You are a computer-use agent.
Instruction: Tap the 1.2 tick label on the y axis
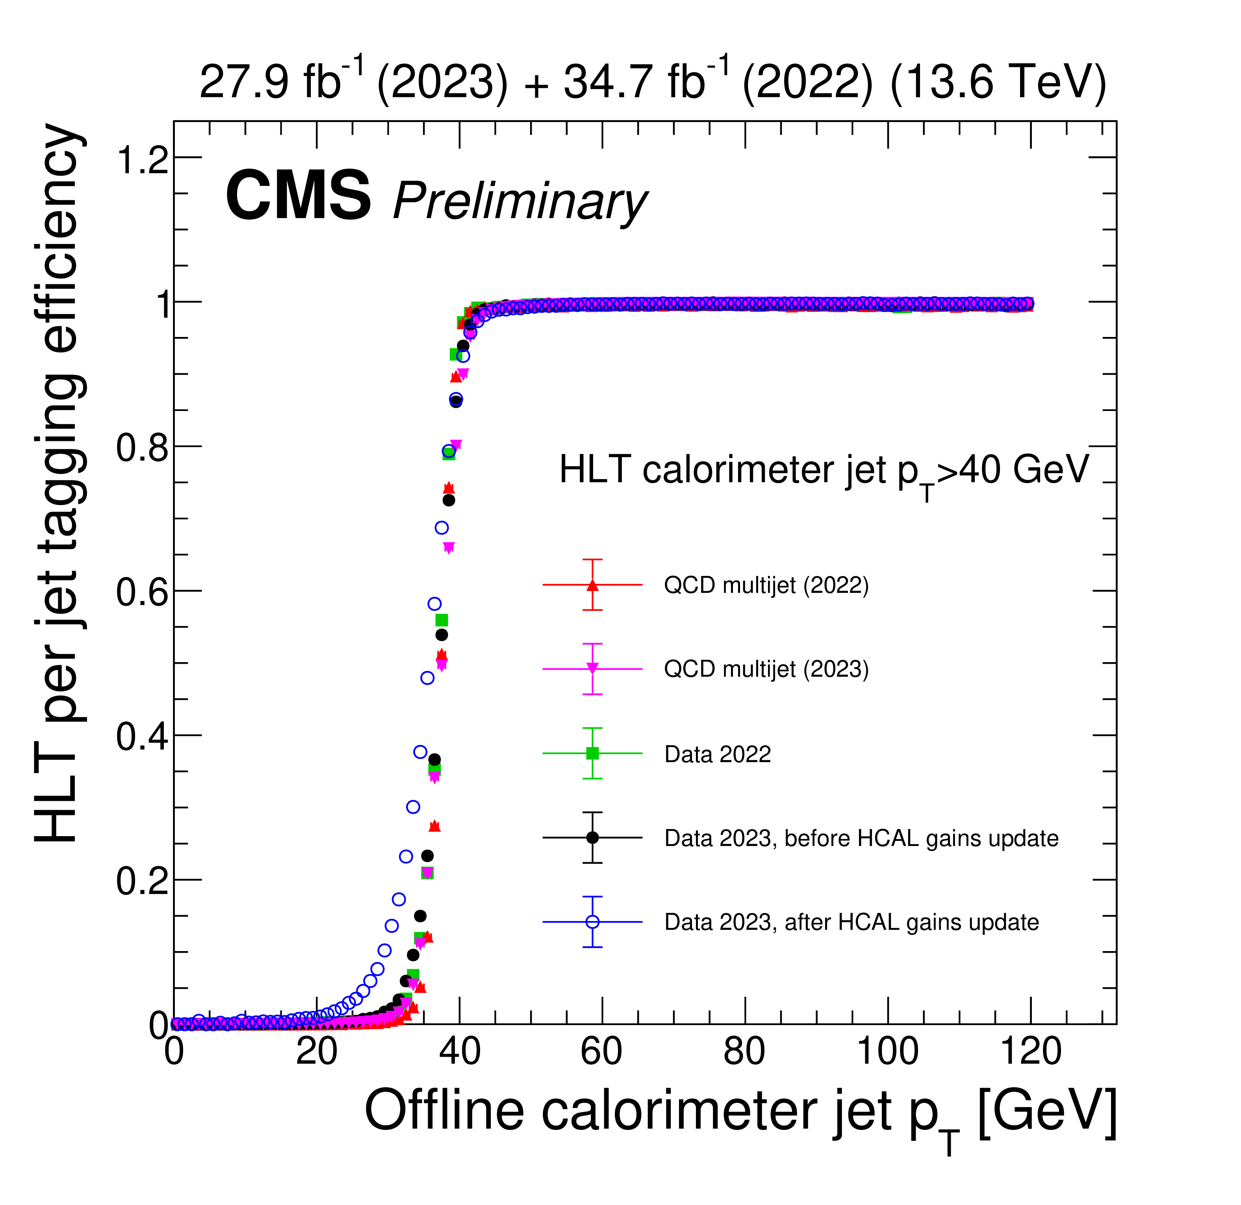pos(143,159)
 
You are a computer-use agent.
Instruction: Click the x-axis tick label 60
pos(601,1052)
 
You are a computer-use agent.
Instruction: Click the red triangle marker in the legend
pos(592,585)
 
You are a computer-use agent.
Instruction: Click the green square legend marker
pos(592,753)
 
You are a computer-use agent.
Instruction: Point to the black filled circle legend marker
pos(592,837)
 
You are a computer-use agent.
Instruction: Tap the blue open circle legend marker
pos(592,922)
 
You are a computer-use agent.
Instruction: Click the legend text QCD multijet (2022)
pos(766,585)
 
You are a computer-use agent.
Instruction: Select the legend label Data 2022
pos(717,754)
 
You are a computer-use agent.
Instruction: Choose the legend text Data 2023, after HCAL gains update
pos(851,922)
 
